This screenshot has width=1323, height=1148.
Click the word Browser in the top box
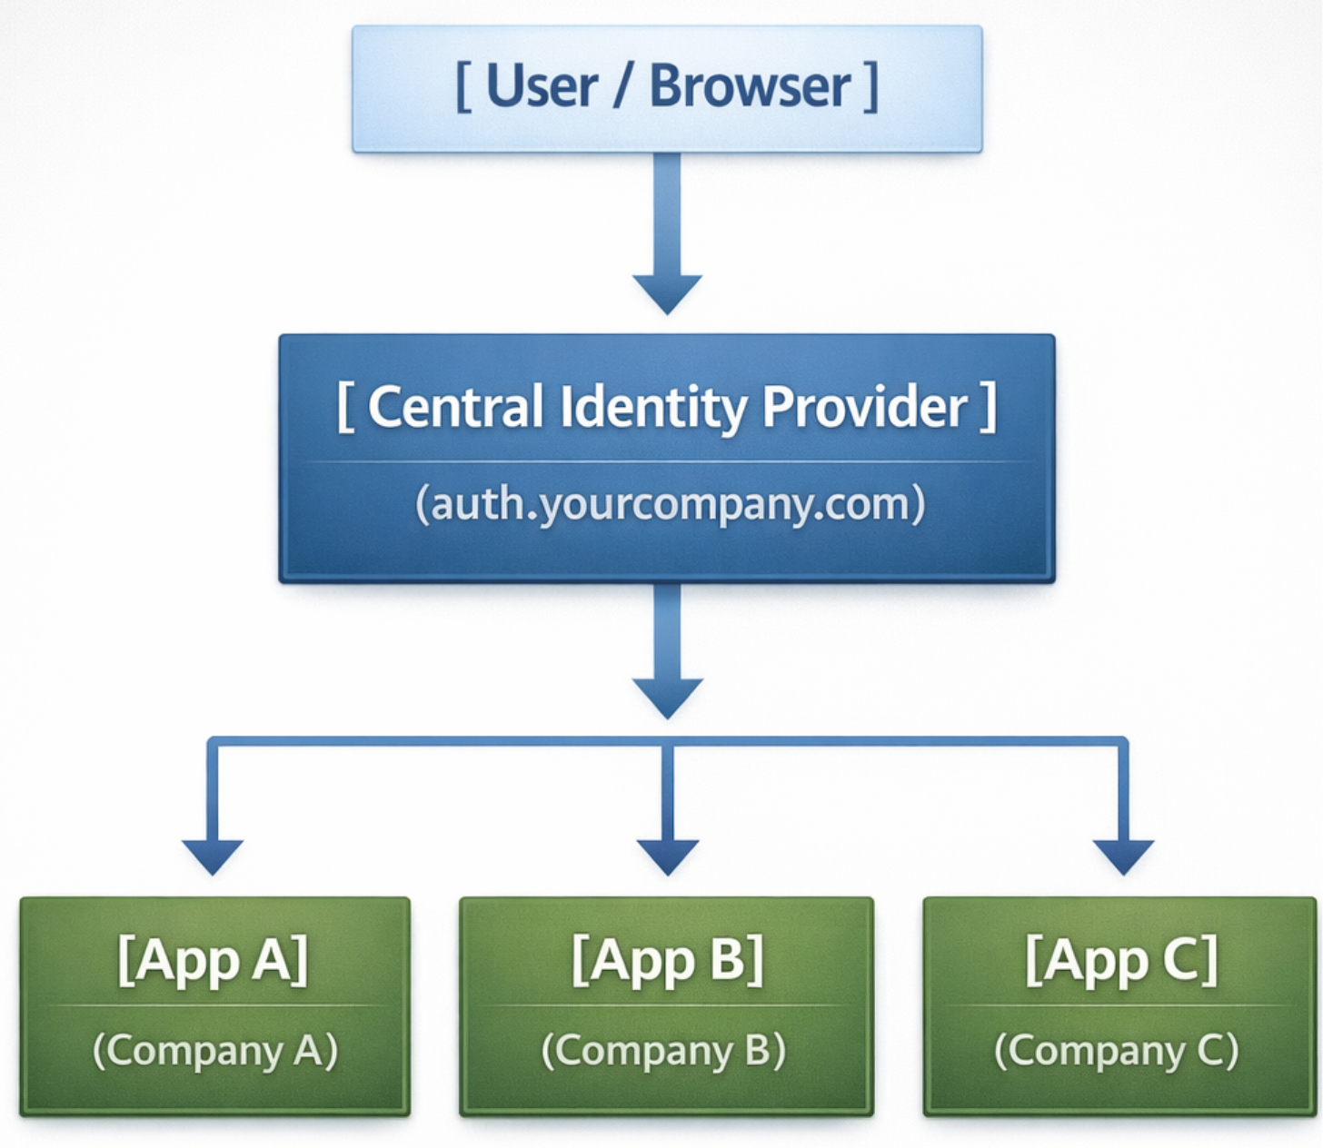pyautogui.click(x=750, y=87)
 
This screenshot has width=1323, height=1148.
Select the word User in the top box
pyautogui.click(x=542, y=87)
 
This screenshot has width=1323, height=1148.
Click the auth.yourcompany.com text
pyautogui.click(x=670, y=503)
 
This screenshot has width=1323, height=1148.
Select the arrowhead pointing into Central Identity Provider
pyautogui.click(x=667, y=293)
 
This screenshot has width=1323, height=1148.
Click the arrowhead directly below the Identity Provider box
pyautogui.click(x=667, y=697)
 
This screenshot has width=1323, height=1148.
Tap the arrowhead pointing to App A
pyautogui.click(x=213, y=856)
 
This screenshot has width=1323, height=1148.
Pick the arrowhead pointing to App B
pyautogui.click(x=667, y=856)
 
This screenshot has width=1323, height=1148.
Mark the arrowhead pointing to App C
pyautogui.click(x=1123, y=856)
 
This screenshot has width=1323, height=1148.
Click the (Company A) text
pyautogui.click(x=215, y=1051)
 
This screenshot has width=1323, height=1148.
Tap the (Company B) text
pyautogui.click(x=664, y=1051)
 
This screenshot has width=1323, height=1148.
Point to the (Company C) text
pyautogui.click(x=1117, y=1051)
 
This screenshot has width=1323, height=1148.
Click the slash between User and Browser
pyautogui.click(x=623, y=87)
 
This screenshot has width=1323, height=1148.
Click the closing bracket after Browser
pyautogui.click(x=872, y=87)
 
